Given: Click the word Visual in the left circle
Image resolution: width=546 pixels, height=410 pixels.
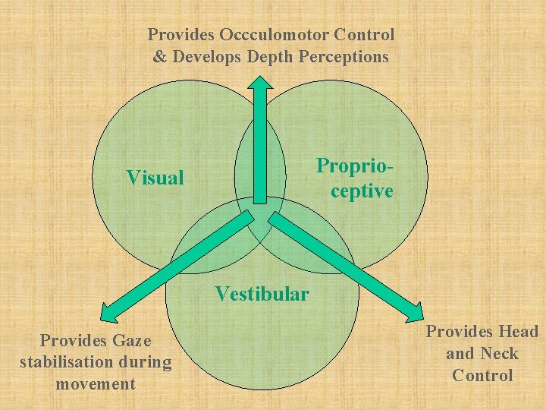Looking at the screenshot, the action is (155, 178).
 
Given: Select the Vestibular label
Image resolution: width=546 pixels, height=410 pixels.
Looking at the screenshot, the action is (262, 294).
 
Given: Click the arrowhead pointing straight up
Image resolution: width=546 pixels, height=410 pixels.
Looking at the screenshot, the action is (259, 84).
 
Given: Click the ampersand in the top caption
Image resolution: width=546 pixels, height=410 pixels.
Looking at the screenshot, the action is (159, 57).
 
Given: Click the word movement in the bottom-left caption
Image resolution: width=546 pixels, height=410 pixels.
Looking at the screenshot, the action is (96, 384).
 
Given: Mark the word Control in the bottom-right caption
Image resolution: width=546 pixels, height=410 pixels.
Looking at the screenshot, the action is (482, 376).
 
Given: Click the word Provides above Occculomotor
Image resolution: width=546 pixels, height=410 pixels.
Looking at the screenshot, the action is (180, 35).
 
